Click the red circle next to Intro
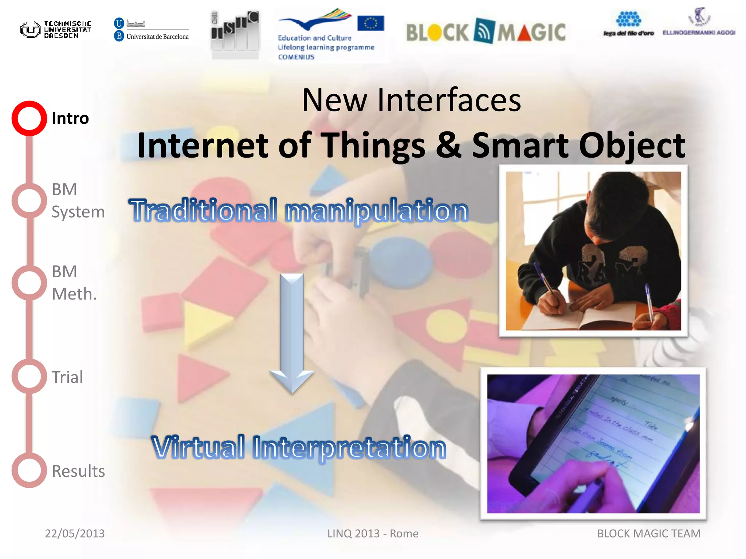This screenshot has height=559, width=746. pos(29,118)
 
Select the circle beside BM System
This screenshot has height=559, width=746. pos(29,201)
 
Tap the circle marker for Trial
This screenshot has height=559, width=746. pos(29,376)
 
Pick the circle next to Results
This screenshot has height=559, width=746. pos(29,470)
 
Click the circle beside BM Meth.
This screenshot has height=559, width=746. pos(29,283)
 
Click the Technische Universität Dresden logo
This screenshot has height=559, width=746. pos(56,29)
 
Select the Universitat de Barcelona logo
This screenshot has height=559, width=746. pos(152,29)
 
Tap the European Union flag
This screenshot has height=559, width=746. pos(370,23)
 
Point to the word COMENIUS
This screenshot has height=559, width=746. pos(296,57)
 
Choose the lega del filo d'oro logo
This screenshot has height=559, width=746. pos(628,24)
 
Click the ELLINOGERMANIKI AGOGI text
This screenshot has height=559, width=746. pos(699,33)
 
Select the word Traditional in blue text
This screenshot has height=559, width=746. pos(203,210)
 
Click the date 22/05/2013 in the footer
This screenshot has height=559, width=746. pos(75,534)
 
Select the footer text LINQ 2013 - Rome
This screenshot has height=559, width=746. pos(373,534)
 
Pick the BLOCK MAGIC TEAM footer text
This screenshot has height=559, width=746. pos(649,534)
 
